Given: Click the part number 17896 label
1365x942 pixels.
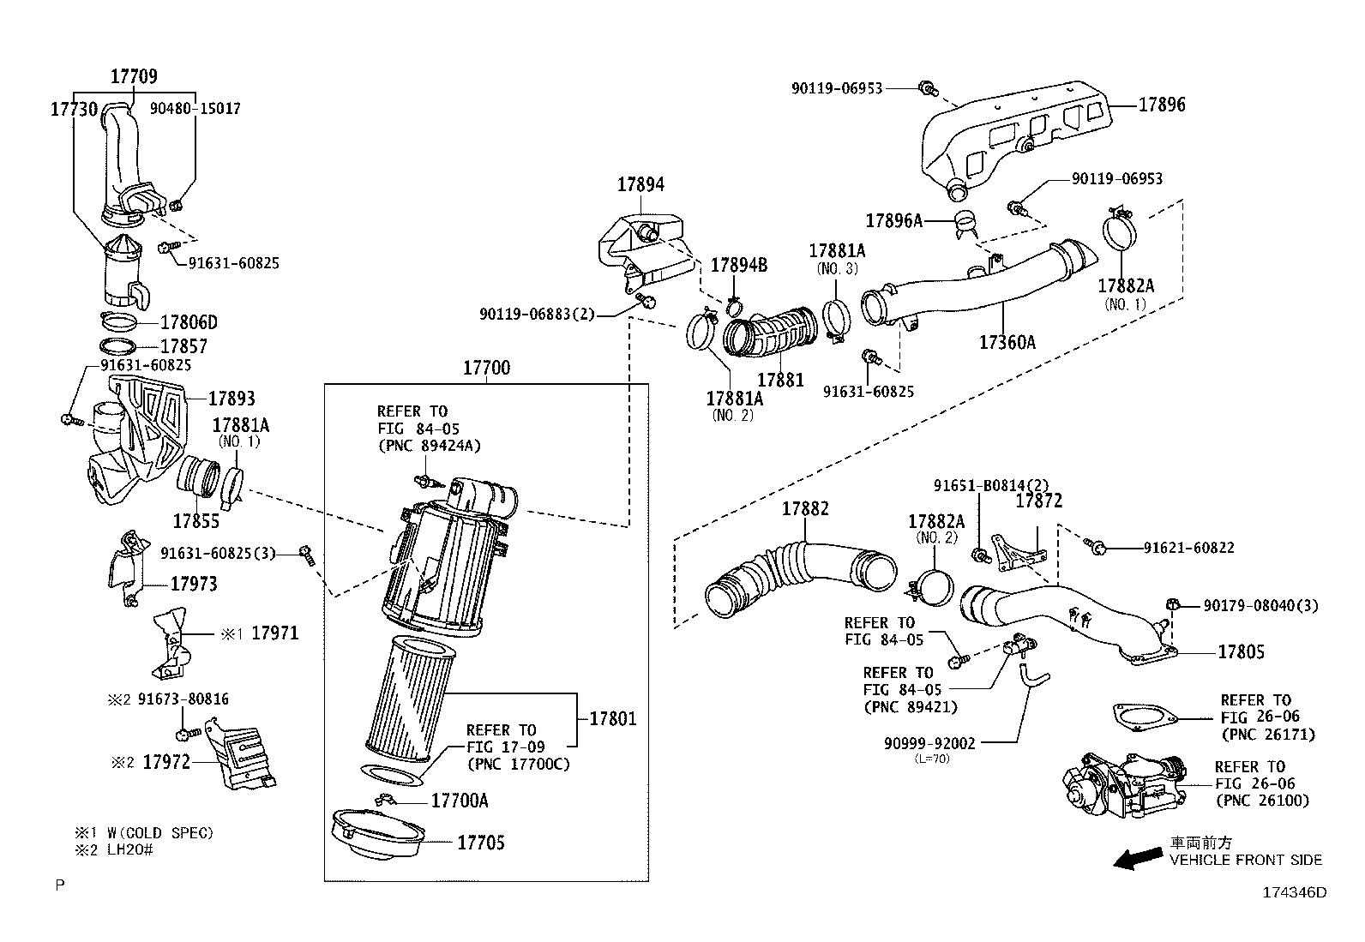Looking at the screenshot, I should coord(1162,105).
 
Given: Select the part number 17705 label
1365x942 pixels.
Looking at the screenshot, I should coord(480,843).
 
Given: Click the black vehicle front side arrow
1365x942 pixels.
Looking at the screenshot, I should coord(1138,859).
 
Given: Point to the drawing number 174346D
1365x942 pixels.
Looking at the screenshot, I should coord(1294,892).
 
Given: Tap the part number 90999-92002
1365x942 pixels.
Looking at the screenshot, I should coord(929,743).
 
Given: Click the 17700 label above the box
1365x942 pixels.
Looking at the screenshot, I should coord(486,368).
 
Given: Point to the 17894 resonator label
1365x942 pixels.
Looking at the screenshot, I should coord(640,184).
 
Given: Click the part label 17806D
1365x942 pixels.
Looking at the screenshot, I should coord(189,322).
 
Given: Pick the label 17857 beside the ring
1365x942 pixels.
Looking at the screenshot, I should coord(184,347).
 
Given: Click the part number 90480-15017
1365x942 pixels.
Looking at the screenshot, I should coord(195,109).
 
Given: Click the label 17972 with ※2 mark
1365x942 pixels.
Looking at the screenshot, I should coord(165,761).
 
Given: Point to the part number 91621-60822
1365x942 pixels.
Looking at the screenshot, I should coord(1188,548).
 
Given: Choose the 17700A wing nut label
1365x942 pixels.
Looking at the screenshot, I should coord(459,801).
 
